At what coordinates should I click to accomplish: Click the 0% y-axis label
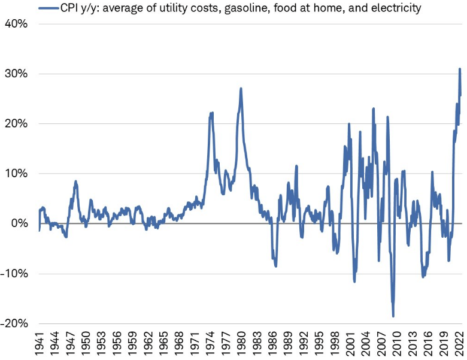pyautogui.click(x=19, y=223)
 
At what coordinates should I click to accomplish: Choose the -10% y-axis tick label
pyautogui.click(x=14, y=274)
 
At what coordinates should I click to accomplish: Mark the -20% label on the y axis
pyautogui.click(x=14, y=323)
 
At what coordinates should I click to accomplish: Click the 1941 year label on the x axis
pyautogui.click(x=40, y=344)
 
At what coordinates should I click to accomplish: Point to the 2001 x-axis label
pyautogui.click(x=353, y=344)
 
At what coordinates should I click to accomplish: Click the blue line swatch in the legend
pyautogui.click(x=47, y=8)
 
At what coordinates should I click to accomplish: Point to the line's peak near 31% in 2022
pyautogui.click(x=459, y=69)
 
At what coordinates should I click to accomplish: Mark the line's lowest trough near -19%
pyautogui.click(x=393, y=316)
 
